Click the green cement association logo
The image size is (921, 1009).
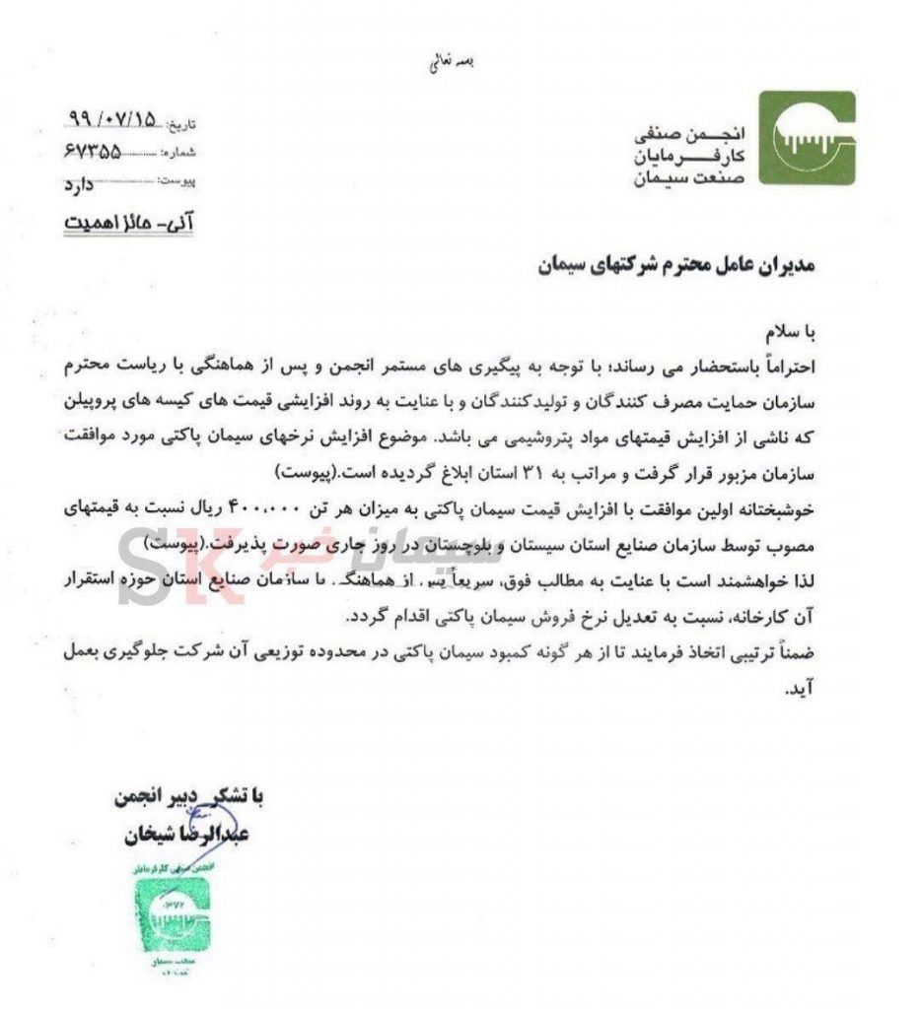(806, 138)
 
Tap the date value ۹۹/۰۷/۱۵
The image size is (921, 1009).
(110, 121)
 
